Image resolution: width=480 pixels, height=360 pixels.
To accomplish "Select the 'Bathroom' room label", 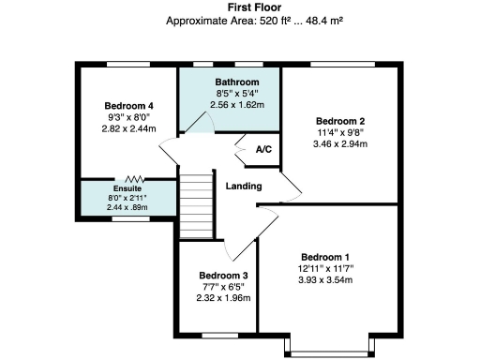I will [x=230, y=82].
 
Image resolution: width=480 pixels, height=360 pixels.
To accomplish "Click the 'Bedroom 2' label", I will [x=339, y=121].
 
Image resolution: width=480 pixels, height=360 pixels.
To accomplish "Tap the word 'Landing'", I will [x=243, y=186].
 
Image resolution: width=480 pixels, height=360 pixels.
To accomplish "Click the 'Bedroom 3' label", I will [x=217, y=275].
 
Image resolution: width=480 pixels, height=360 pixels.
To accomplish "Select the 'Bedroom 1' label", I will [x=324, y=257].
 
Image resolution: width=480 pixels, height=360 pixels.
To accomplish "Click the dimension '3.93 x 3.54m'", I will [x=324, y=280].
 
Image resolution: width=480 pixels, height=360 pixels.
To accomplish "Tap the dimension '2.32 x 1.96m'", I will [x=217, y=298].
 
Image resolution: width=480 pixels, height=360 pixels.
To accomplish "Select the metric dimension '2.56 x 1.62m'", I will [x=230, y=106].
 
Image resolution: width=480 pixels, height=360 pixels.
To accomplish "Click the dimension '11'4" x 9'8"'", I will [x=339, y=132].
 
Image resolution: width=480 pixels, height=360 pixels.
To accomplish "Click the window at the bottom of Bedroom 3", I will [x=216, y=334].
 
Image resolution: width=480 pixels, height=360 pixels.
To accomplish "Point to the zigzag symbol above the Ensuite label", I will [x=135, y=178].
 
